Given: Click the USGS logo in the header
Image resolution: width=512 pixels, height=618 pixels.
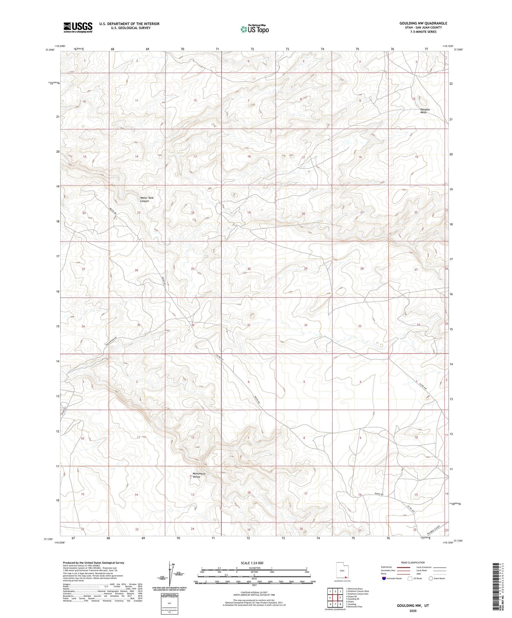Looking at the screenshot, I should [x=78, y=27].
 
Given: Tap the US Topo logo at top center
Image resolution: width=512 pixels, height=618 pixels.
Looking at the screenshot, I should [x=254, y=29].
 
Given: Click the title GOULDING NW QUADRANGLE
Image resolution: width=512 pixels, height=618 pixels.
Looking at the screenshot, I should [x=423, y=23].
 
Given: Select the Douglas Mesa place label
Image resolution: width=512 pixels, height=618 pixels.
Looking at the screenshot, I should [x=425, y=111].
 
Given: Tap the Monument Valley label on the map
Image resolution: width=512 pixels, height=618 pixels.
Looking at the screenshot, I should [x=199, y=475].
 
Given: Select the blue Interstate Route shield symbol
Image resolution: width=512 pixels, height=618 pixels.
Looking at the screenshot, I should [x=384, y=578].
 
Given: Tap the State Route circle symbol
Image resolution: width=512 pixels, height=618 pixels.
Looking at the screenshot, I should [x=431, y=578].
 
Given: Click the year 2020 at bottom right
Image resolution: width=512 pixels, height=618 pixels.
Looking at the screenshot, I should [x=413, y=611].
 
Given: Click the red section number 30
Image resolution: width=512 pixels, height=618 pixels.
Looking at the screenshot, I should [x=249, y=269].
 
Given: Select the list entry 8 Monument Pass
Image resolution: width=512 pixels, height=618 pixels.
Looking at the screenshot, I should [x=354, y=606].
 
